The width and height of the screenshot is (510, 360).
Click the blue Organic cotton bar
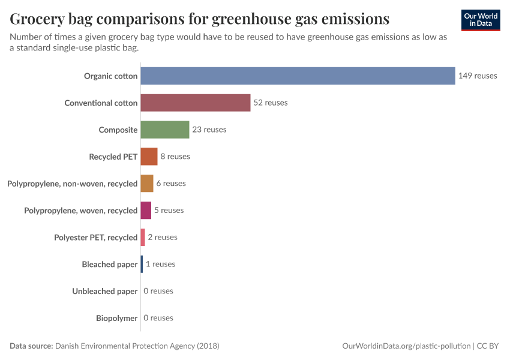point(298,76)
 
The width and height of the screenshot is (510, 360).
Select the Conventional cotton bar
point(195,103)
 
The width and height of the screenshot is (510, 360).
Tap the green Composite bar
point(164,130)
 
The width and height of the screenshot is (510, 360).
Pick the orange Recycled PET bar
point(149,157)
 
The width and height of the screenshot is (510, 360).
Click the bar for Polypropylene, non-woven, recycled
point(147,184)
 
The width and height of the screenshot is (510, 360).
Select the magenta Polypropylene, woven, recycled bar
point(146,211)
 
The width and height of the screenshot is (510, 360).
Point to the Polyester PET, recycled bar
point(143,237)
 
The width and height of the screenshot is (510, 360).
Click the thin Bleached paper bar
point(142,264)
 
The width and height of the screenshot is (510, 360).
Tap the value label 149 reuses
point(478,76)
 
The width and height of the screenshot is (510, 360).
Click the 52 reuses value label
point(270,103)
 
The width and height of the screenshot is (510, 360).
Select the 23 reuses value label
point(209,130)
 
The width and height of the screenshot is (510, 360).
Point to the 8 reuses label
point(175,157)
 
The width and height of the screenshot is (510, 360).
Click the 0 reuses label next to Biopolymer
point(158,318)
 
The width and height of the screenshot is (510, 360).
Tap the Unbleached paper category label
point(105,291)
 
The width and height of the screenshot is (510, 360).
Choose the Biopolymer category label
point(116,318)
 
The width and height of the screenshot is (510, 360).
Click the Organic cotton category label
point(110,76)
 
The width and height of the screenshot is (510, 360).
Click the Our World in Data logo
point(481,20)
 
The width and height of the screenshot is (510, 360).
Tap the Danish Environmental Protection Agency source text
point(137,346)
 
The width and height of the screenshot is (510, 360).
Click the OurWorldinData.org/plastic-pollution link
point(406,346)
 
